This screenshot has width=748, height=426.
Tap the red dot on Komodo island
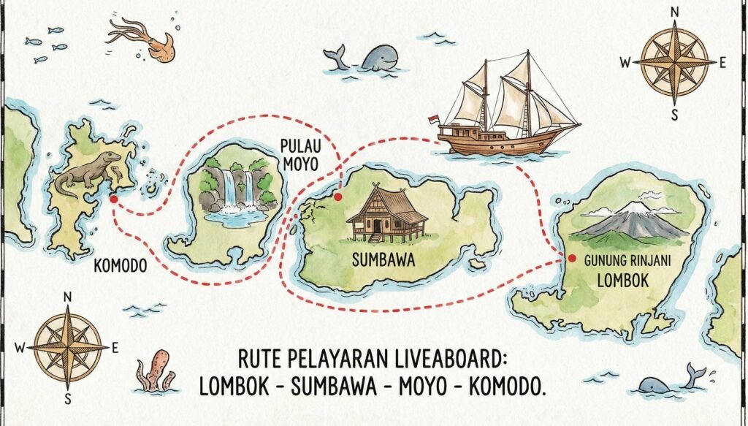(113, 197)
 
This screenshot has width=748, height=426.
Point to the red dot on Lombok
(571, 258)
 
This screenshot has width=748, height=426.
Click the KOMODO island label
(121, 267)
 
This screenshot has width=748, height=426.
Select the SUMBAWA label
(383, 261)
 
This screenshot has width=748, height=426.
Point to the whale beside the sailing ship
(369, 58)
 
